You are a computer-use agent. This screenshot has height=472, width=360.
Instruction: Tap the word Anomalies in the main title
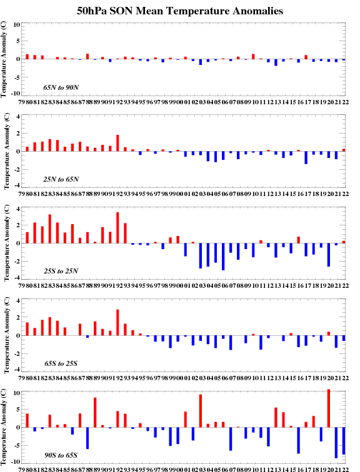point(256,11)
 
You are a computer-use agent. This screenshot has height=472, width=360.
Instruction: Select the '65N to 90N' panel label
point(61,87)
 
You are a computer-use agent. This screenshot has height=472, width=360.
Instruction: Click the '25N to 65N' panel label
point(61,179)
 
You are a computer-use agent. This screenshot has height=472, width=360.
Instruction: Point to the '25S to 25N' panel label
point(61,271)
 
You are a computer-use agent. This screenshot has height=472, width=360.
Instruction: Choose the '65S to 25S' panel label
point(61,363)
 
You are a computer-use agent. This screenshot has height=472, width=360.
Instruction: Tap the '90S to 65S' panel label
point(61,455)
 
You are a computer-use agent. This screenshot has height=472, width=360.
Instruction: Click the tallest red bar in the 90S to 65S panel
point(329,408)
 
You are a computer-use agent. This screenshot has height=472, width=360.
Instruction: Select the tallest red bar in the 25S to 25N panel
point(117,227)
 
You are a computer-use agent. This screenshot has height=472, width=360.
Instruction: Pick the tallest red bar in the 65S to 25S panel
point(117,322)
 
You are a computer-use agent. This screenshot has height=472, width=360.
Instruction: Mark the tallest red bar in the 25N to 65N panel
point(117,143)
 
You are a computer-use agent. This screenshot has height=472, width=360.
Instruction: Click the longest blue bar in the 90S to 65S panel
point(336,443)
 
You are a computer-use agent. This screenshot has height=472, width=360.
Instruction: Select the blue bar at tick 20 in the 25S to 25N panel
point(329,255)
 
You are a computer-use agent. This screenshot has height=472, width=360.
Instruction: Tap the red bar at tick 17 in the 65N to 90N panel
point(306,57)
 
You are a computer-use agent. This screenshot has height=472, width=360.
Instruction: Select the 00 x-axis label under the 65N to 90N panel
point(180,102)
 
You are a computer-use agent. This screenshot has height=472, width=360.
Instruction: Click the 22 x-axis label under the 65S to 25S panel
point(346,378)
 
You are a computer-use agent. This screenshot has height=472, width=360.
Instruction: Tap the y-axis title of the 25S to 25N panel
point(7,243)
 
